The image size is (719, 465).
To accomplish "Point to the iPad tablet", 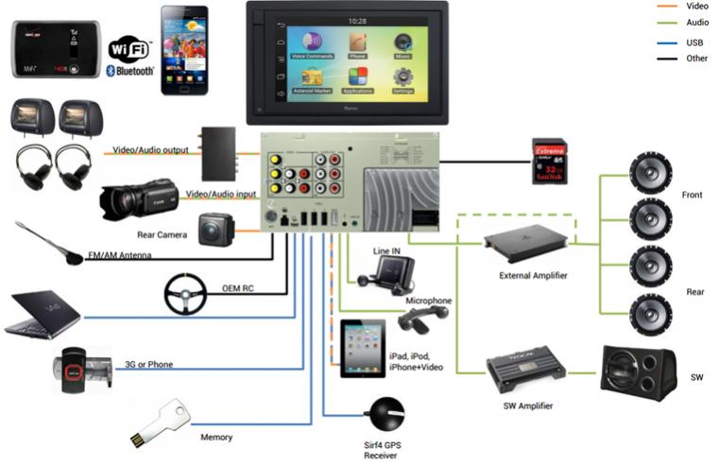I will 362,349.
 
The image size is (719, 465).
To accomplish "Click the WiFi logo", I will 129,49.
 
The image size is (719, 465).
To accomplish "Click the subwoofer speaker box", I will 638,372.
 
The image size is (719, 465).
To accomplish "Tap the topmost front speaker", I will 650,175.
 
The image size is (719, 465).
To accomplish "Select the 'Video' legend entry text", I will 672,6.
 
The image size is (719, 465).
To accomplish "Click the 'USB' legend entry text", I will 669,42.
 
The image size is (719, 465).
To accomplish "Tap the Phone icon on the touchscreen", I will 357,43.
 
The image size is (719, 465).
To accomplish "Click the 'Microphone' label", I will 428,301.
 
